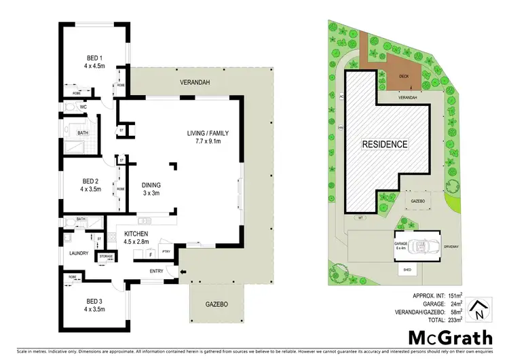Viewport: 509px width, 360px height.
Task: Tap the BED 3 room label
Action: [92, 303]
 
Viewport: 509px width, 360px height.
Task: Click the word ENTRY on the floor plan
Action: [157, 272]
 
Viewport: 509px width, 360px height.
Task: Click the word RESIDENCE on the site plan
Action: [384, 144]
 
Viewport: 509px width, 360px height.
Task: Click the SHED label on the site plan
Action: [409, 269]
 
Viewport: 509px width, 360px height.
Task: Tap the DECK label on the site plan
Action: [404, 77]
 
